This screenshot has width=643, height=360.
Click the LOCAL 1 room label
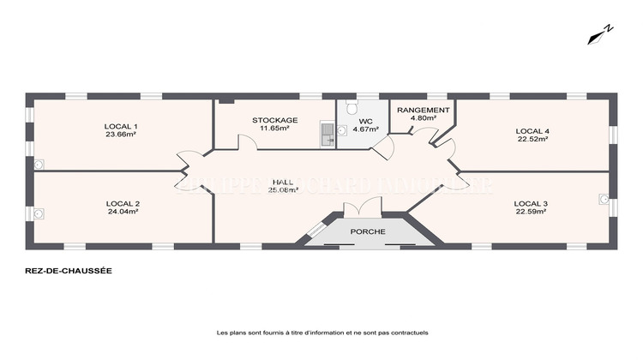pyautogui.click(x=123, y=126)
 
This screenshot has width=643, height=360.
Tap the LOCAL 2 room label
pyautogui.click(x=123, y=203)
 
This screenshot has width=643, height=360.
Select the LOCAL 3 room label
pyautogui.click(x=531, y=203)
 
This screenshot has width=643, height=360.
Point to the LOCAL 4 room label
pyautogui.click(x=532, y=131)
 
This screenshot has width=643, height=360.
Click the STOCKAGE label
pyautogui.click(x=274, y=120)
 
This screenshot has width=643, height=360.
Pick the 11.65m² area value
pyautogui.click(x=274, y=129)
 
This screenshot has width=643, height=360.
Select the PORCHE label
pyautogui.click(x=368, y=232)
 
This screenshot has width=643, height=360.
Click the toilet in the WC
pyautogui.click(x=350, y=106)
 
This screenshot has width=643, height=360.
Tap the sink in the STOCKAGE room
pyautogui.click(x=326, y=132)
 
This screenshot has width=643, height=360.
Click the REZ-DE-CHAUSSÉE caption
pyautogui.click(x=69, y=270)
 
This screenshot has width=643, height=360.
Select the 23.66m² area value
pyautogui.click(x=123, y=135)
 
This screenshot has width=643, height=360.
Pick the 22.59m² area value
pyautogui.click(x=531, y=212)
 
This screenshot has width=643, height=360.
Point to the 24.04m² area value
pyautogui.click(x=123, y=212)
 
